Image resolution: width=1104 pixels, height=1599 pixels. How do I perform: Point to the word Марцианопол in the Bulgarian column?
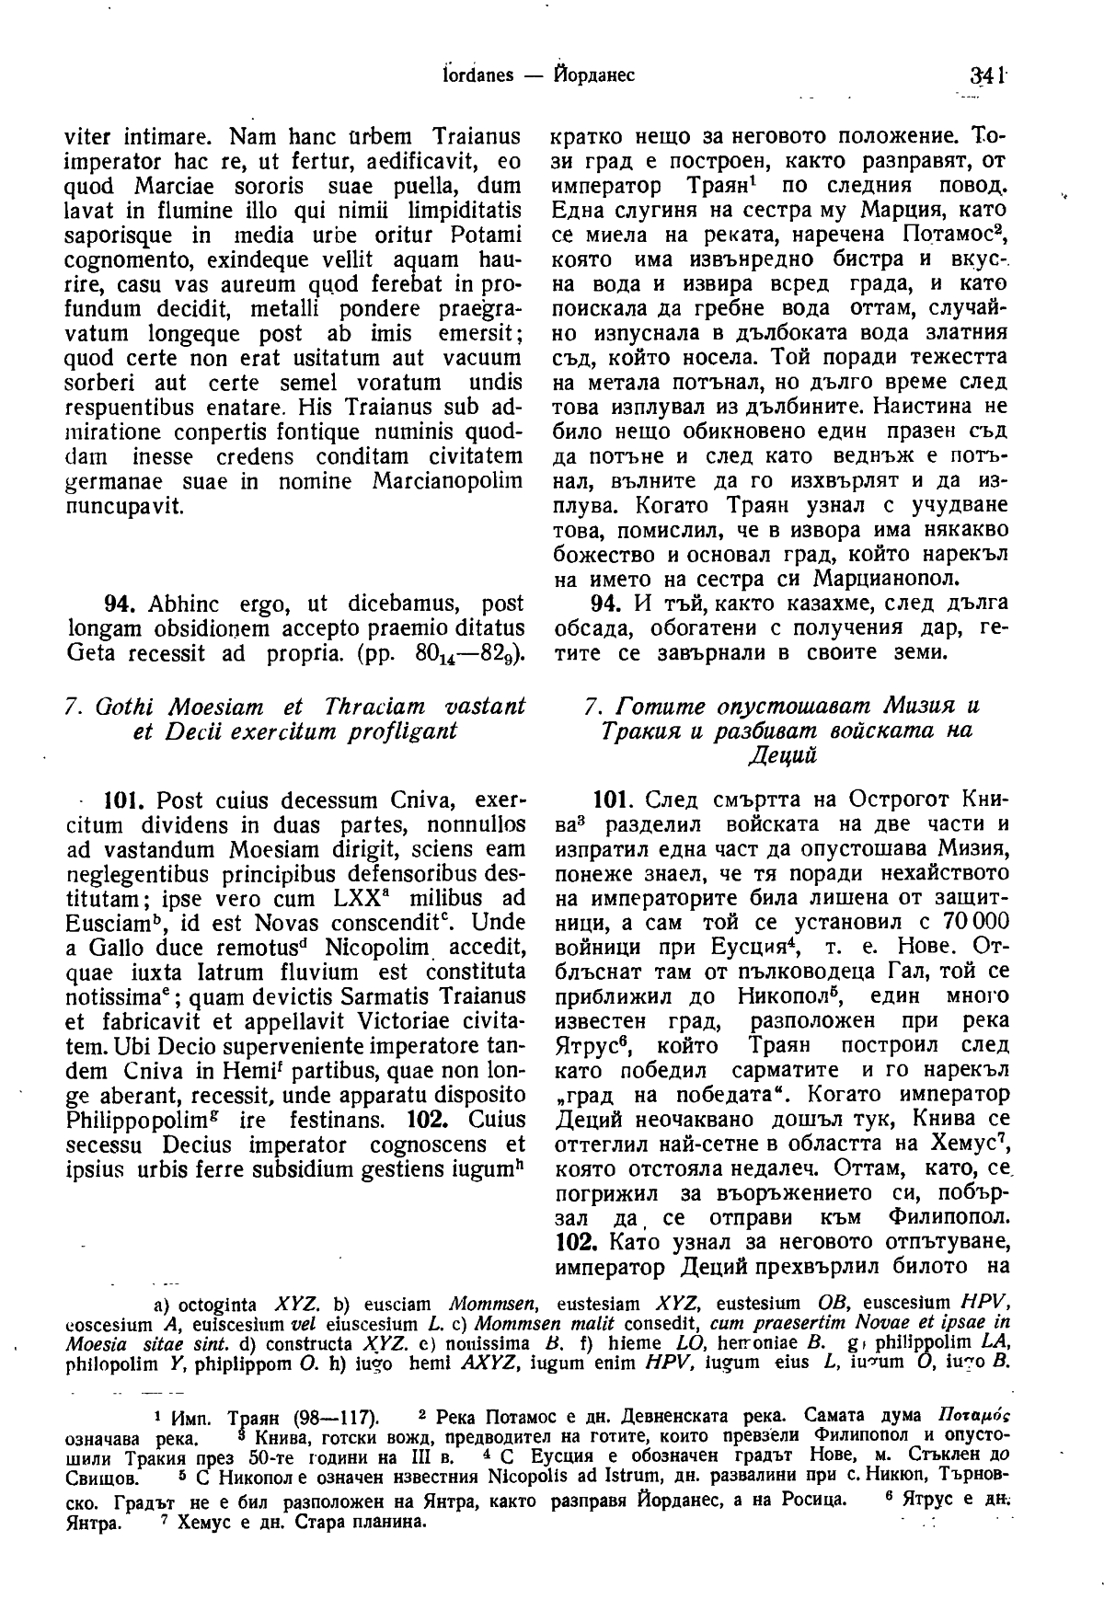pos(886,581)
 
